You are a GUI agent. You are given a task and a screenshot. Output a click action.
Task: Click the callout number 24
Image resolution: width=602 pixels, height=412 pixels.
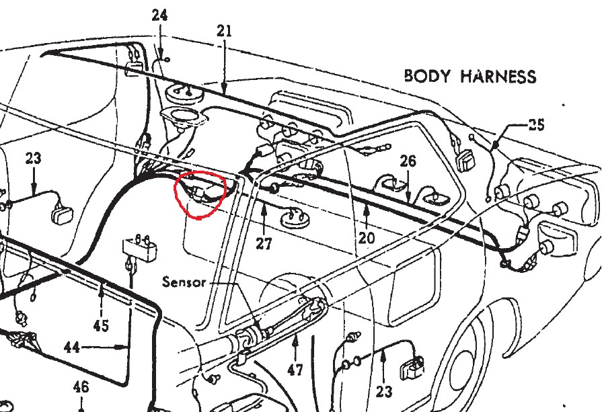pyautogui.click(x=159, y=15)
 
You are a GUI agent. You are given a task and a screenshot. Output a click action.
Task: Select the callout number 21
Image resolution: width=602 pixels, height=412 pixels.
pyautogui.click(x=224, y=30)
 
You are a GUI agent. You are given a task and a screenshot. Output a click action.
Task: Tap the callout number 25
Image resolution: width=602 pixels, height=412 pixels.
pyautogui.click(x=536, y=124)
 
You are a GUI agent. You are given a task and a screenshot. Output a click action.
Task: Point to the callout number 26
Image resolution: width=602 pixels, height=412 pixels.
pyautogui.click(x=408, y=161)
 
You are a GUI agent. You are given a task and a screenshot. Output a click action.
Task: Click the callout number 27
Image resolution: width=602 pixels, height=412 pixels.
pyautogui.click(x=264, y=243)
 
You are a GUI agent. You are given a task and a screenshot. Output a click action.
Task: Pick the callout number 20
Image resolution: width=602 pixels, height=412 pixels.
pyautogui.click(x=367, y=237)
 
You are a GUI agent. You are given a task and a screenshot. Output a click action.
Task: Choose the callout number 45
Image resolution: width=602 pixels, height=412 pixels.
pyautogui.click(x=100, y=325)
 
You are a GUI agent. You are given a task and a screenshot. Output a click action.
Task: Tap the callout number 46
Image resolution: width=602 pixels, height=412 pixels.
pyautogui.click(x=81, y=387)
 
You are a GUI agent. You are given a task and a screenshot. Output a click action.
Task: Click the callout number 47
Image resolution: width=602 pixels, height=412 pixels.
pyautogui.click(x=295, y=369)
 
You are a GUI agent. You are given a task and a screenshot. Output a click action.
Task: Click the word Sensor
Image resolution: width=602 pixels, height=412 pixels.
pyautogui.click(x=184, y=282)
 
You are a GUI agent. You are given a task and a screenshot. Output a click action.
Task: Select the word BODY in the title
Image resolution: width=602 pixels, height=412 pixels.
pyautogui.click(x=428, y=75)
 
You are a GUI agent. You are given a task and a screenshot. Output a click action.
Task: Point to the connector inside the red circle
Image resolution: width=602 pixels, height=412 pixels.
pyautogui.click(x=200, y=194)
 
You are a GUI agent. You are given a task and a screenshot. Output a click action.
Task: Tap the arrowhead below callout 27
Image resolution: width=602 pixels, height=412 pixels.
pyautogui.click(x=264, y=210)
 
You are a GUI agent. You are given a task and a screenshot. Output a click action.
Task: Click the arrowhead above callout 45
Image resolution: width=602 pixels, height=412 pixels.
pyautogui.click(x=100, y=288)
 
